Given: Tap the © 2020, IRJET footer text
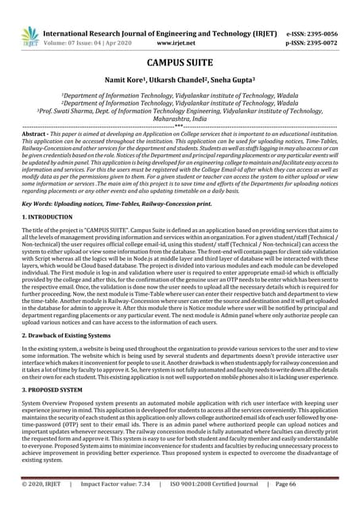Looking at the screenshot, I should [45, 483].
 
